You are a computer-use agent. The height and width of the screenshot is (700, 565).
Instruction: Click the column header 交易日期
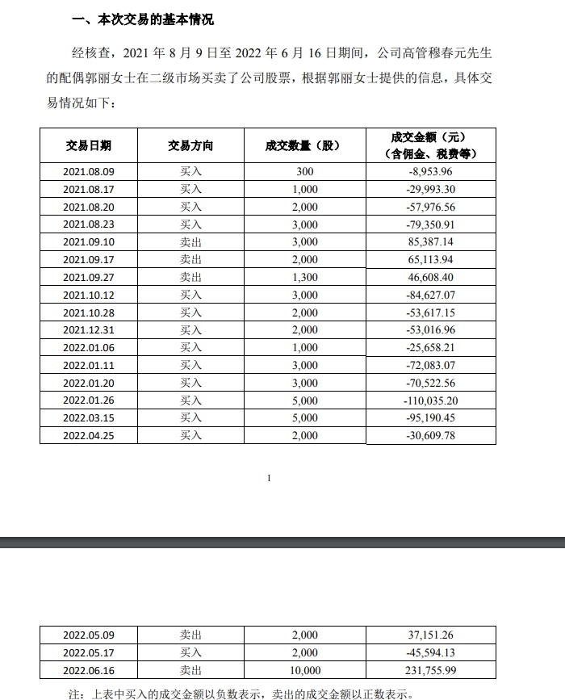pos(89,145)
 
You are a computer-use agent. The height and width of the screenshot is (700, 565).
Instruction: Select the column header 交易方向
pos(190,145)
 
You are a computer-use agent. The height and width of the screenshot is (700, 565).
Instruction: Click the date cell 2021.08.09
pos(89,171)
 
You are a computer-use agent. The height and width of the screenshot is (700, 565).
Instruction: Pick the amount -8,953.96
pos(432,171)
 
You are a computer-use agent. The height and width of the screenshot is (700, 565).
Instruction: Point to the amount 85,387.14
pos(432,241)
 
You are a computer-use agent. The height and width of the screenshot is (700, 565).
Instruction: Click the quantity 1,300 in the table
pos(303,277)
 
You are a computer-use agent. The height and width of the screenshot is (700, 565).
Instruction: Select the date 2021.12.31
pos(89,329)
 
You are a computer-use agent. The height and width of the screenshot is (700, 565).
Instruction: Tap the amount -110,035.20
pos(432,400)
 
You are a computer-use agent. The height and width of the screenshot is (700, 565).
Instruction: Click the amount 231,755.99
pos(432,669)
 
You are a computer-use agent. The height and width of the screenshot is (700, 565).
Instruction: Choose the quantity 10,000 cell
pos(303,669)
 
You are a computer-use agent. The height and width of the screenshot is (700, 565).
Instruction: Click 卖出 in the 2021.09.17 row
pos(190,259)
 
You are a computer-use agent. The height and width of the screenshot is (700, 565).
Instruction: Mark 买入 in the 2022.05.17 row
pos(190,652)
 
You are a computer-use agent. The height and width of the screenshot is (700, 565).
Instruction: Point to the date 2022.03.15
pos(89,418)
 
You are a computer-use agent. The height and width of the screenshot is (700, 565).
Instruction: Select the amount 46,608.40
pos(432,277)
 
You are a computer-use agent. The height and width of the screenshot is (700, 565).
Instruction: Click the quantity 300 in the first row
pos(303,171)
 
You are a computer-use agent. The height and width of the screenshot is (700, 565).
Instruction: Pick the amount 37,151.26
pos(432,635)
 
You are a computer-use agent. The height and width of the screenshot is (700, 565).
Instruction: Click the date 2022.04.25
pos(89,435)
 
